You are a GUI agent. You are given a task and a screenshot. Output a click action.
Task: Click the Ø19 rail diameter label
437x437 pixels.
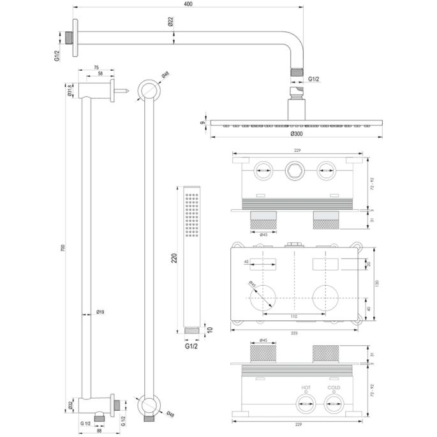pyautogui.click(x=100, y=311)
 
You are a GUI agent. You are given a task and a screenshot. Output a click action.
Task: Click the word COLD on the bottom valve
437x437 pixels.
pyautogui.click(x=333, y=387)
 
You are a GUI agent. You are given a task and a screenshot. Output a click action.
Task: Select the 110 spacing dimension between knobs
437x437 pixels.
pyautogui.click(x=293, y=317)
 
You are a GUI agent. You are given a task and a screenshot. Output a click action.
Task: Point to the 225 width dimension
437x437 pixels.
pyautogui.click(x=295, y=333)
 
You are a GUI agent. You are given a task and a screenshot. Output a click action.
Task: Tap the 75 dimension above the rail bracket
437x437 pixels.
pyautogui.click(x=96, y=66)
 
